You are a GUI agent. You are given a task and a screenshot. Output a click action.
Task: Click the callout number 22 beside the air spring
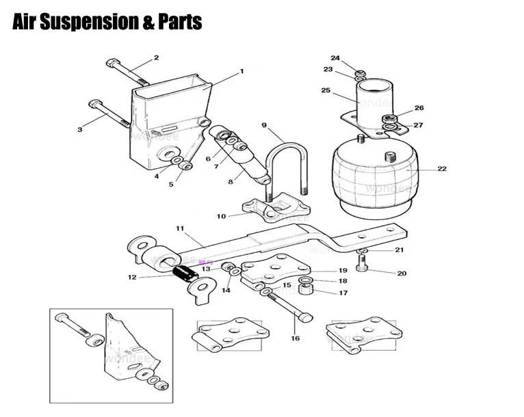pos(442,169)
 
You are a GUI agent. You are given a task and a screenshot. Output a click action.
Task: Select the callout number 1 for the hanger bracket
pos(241,71)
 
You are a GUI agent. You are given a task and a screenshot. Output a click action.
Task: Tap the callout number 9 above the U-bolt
pos(263,125)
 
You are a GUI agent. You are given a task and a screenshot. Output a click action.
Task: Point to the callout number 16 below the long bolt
pos(295,338)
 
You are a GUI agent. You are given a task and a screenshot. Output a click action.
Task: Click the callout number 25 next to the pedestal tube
pos(326,90)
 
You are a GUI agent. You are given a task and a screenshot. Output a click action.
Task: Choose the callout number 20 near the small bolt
pos(402,273)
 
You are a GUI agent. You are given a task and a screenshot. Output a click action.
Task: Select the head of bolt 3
pos(94,105)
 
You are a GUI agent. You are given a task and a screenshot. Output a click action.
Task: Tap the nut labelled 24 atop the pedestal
pos(360,72)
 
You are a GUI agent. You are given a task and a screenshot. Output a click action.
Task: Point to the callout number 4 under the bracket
pos(157,176)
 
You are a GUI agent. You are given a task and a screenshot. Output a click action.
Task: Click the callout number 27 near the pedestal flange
pos(418,124)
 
